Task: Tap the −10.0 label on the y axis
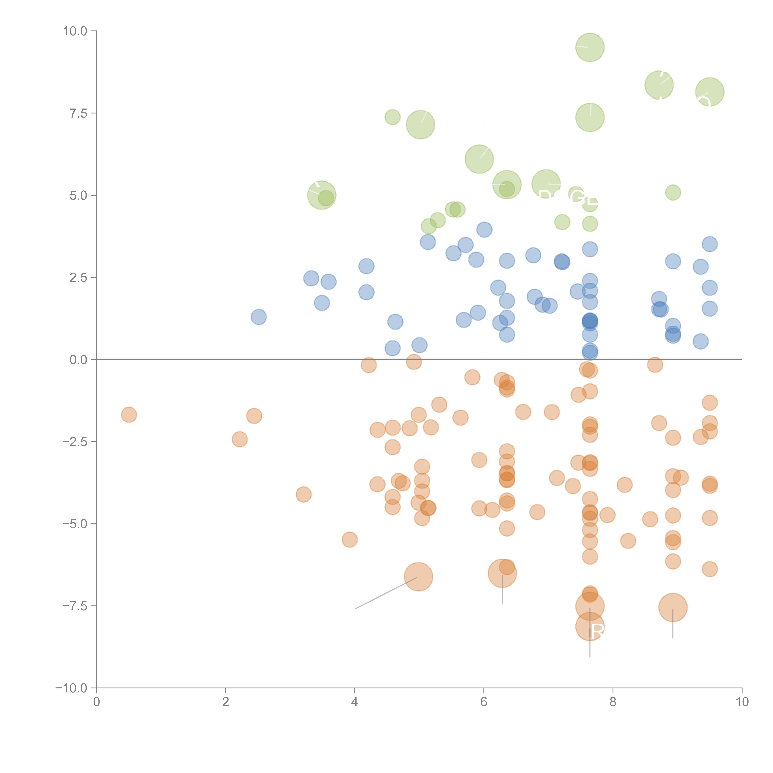coord(71,688)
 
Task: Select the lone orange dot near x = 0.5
coord(129,414)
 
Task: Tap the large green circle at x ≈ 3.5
coord(322,195)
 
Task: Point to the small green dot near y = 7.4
coord(393,117)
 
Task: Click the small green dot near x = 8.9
coord(673,192)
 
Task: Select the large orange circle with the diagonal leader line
coord(419,577)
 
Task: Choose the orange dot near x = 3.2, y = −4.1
coord(304,495)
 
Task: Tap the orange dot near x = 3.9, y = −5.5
coord(350,539)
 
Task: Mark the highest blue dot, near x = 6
coord(484,230)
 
